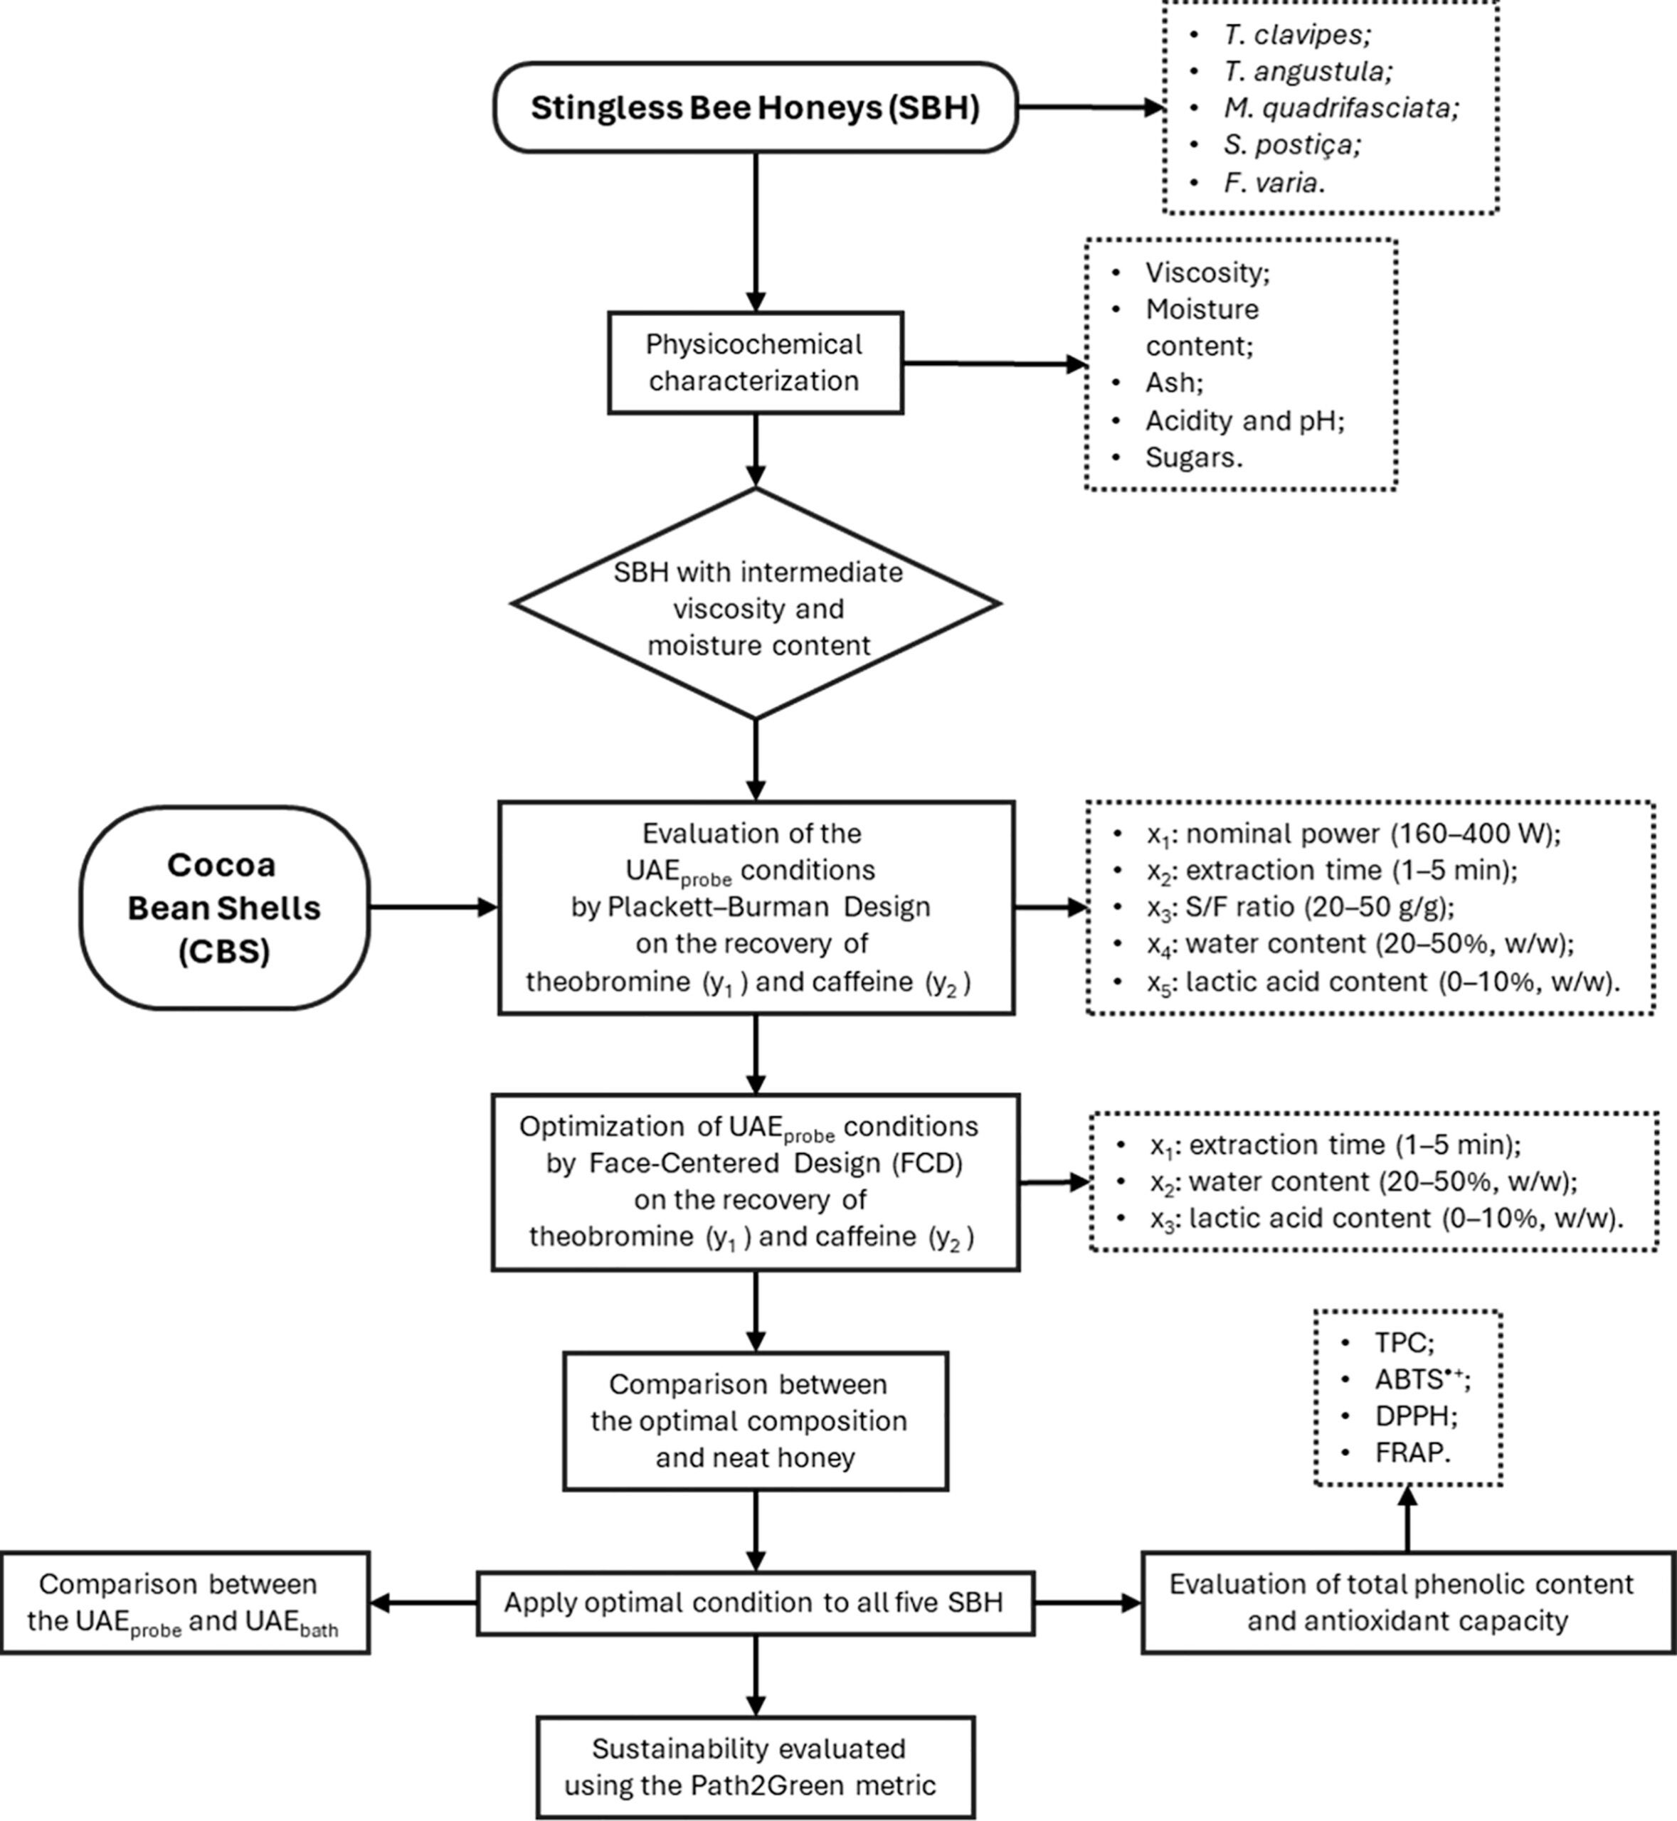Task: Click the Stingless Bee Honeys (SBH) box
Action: click(755, 107)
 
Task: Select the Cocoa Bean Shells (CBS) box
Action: click(224, 908)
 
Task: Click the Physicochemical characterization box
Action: click(755, 363)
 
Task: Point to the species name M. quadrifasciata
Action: click(1340, 108)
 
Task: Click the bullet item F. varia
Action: click(1273, 182)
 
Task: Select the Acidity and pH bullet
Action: click(1243, 420)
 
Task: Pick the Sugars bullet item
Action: click(1192, 457)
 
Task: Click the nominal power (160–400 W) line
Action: click(1352, 833)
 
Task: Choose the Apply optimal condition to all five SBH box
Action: click(755, 1603)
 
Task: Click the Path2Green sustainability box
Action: click(755, 1766)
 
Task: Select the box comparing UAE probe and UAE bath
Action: click(185, 1603)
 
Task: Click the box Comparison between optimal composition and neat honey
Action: click(755, 1421)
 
